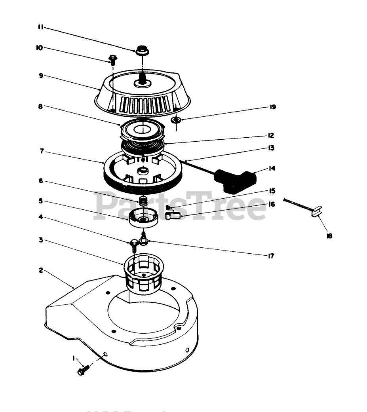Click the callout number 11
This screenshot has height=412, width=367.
tap(40, 27)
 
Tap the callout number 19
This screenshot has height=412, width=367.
tap(273, 107)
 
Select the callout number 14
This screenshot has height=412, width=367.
tap(272, 169)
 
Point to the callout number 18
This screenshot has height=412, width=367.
tap(329, 236)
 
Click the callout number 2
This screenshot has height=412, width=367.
tap(41, 270)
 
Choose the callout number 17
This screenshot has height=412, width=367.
tap(271, 256)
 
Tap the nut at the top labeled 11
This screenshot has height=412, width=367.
tap(141, 51)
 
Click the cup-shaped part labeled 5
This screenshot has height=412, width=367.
tap(144, 218)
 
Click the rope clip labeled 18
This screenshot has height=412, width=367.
tap(317, 213)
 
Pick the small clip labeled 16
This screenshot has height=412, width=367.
tap(173, 215)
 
